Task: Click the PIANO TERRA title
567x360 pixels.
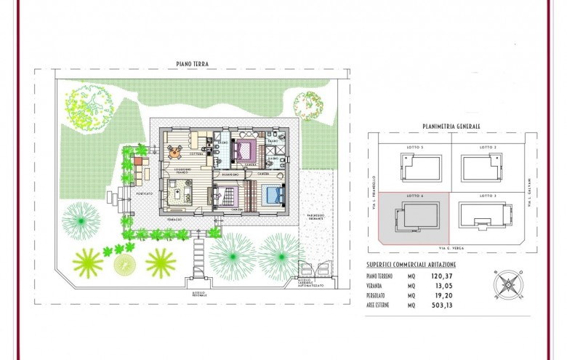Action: (192, 64)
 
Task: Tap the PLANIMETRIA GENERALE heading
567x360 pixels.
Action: (451, 126)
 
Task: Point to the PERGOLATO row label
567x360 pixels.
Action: (381, 296)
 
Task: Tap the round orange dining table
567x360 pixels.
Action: (174, 151)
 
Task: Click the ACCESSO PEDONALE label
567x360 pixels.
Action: (198, 294)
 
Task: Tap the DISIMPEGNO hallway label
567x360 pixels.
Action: (231, 175)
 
